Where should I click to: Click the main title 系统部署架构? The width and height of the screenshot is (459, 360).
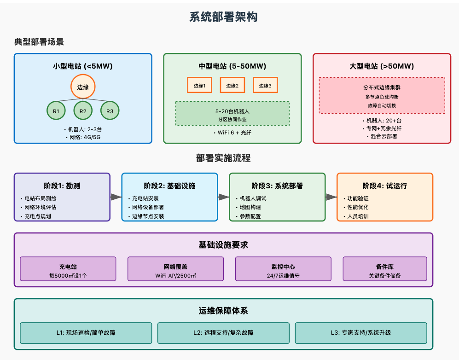223,17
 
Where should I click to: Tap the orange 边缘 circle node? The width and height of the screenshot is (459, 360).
83,87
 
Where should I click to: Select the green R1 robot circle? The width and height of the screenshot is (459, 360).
56,110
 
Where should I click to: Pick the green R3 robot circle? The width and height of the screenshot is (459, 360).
110,110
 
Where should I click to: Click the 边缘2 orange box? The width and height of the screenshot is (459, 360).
232,85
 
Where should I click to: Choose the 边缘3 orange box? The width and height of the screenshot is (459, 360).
265,85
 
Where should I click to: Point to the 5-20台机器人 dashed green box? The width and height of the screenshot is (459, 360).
232,113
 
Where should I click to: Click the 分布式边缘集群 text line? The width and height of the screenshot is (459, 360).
382,87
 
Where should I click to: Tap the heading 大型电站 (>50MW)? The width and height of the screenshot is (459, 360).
382,66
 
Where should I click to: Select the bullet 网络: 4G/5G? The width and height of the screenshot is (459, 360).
83,137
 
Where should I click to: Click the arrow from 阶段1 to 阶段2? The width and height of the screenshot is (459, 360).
116,197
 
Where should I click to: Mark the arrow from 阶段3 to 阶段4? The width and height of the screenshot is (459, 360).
331,197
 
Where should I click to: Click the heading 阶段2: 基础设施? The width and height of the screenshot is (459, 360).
169,186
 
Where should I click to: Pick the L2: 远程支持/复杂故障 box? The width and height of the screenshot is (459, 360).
223,332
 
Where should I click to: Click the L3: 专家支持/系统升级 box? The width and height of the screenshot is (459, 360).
361,332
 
